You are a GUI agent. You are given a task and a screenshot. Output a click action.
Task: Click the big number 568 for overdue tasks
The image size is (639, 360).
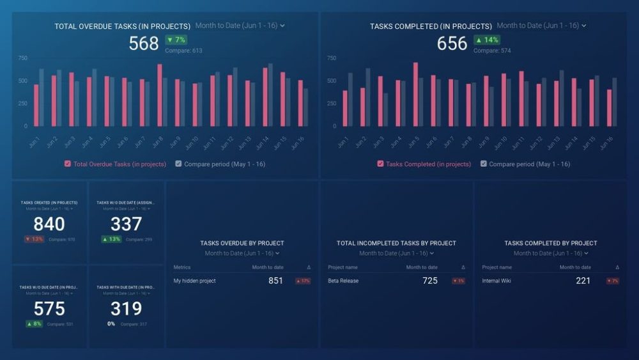[x=144, y=43]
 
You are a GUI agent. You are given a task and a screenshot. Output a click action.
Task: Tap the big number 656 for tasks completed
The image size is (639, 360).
[x=452, y=43]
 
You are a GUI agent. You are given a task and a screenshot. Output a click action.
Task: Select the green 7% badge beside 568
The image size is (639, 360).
[x=176, y=40]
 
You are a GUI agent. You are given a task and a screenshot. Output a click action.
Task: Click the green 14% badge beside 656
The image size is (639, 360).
[x=487, y=40]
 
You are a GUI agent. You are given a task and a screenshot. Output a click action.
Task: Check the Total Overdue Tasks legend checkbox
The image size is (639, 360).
[x=68, y=164]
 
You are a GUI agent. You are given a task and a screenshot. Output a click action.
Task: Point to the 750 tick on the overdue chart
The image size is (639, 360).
[x=22, y=58]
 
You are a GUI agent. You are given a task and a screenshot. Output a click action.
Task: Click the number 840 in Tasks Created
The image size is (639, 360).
[x=49, y=224]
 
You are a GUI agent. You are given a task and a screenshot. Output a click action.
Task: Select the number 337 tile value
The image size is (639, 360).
[x=126, y=224]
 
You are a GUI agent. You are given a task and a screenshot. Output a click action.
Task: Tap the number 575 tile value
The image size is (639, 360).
[x=49, y=309]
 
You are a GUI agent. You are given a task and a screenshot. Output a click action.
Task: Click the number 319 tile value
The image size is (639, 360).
[x=126, y=309]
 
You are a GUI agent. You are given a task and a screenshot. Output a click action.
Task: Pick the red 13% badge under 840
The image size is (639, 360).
[x=35, y=239]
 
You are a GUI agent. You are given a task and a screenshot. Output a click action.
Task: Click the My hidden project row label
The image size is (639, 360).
[x=194, y=281]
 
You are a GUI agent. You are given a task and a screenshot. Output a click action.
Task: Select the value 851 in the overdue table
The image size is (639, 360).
[x=275, y=281]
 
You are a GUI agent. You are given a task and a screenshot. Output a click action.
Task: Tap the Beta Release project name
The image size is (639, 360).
[x=343, y=281]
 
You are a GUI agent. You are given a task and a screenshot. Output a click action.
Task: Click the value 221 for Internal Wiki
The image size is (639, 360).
[x=583, y=281]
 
